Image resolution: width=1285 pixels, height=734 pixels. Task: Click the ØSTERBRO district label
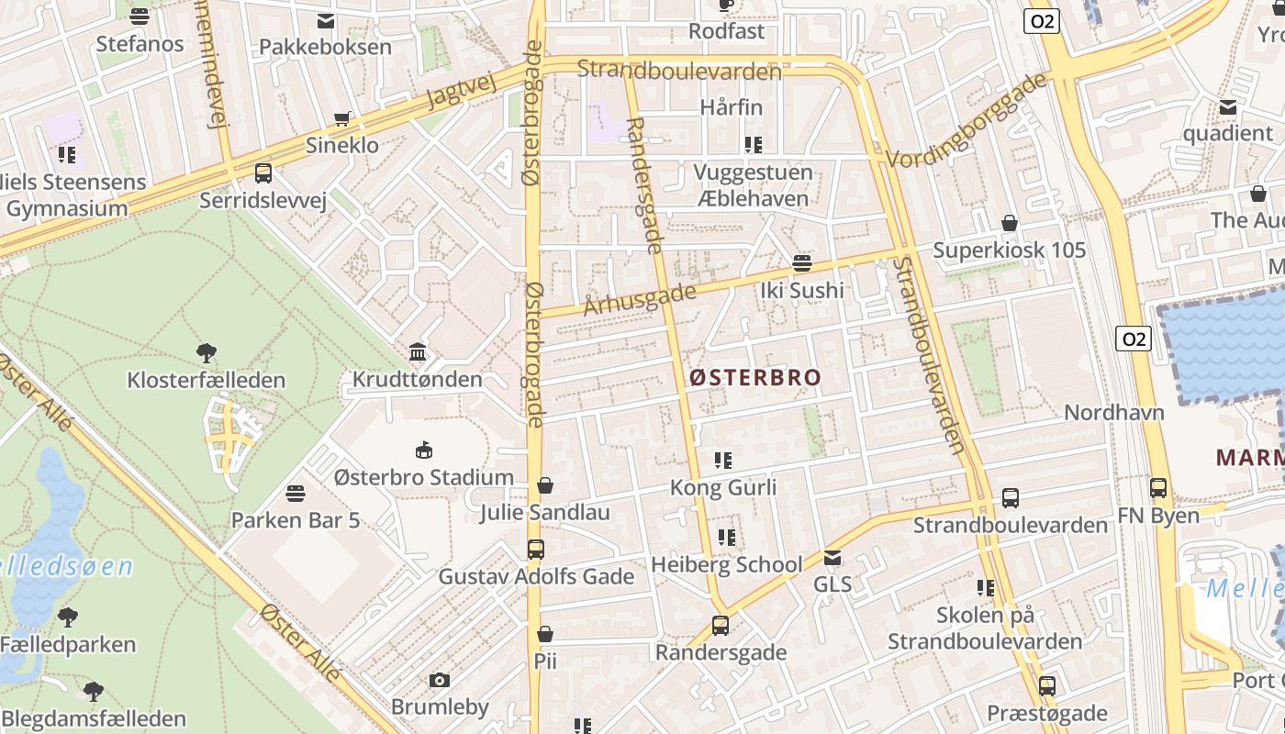(754, 377)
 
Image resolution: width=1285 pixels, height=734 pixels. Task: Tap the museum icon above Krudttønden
(418, 352)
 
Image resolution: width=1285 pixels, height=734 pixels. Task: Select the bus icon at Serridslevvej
(263, 172)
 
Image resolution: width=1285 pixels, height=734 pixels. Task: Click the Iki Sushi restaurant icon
(802, 264)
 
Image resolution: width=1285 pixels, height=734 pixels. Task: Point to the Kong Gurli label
(723, 487)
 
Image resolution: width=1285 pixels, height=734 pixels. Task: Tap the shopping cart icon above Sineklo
(342, 118)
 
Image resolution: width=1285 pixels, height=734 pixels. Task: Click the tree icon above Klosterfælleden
(207, 352)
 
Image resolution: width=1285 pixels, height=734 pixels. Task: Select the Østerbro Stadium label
(423, 477)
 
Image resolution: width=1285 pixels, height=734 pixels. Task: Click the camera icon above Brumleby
(440, 680)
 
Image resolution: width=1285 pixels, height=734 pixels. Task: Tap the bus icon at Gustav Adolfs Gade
(536, 550)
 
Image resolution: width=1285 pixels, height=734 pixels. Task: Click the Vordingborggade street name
(967, 119)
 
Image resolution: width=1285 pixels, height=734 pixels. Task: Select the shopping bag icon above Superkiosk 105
(1010, 223)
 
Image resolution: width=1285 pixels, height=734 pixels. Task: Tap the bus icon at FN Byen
(1158, 488)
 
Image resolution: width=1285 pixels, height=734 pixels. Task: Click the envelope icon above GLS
(832, 557)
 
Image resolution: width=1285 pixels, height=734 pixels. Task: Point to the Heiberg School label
(726, 564)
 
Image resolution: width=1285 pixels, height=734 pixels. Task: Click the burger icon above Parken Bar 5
(296, 494)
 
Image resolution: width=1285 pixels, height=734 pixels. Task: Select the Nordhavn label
(1113, 413)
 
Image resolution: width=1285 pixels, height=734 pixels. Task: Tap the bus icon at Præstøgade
(1047, 685)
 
